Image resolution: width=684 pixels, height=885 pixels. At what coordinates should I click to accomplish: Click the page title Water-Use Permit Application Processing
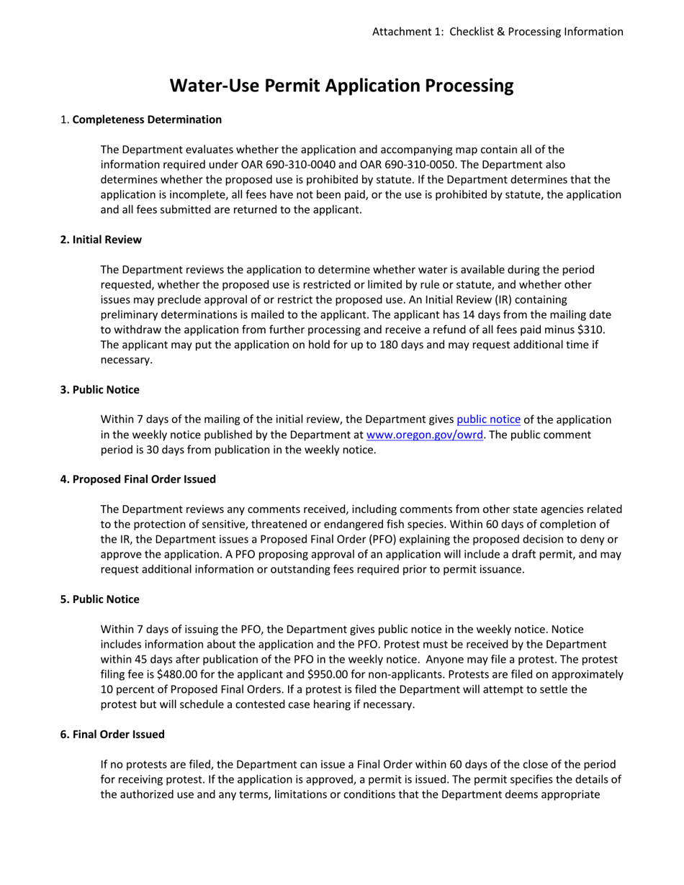[x=341, y=86]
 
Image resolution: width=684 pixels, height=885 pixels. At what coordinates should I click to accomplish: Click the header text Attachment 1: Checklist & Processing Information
[x=498, y=32]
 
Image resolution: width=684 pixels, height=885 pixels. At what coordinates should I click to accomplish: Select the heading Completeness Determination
[x=147, y=119]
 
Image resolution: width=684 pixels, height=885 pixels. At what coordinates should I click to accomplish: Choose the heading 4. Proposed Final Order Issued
[x=138, y=478]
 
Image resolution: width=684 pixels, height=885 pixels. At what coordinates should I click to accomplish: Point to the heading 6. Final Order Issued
[x=112, y=735]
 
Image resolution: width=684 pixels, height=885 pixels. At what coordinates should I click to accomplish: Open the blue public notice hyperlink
[x=488, y=419]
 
